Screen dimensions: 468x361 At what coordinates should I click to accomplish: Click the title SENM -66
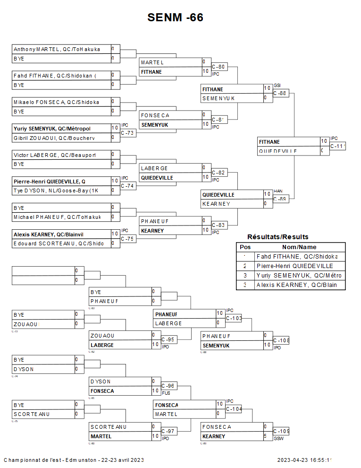coord(175,18)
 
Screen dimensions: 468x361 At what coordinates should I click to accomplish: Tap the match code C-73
coord(127,133)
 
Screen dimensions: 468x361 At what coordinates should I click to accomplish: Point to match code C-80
coord(218,67)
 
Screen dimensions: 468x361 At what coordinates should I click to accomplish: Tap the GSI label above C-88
coord(277,86)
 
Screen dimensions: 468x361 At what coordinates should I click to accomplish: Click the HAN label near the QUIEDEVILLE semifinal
coord(277,191)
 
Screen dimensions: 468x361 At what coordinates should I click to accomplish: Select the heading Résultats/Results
coord(277,237)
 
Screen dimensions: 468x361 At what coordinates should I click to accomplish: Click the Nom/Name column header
coord(299,247)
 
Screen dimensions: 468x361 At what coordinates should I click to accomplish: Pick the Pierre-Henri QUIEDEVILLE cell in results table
coord(294,266)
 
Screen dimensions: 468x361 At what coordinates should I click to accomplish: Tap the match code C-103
coord(234,318)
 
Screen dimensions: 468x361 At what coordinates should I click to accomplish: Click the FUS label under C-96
coord(166,393)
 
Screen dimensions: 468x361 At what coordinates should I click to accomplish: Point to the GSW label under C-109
coord(278,438)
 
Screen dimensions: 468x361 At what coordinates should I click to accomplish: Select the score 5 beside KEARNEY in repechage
coord(266,436)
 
